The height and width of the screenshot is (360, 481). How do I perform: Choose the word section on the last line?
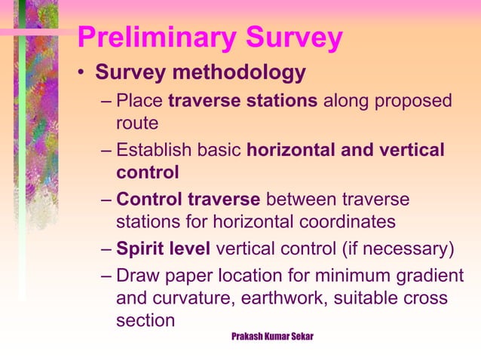pyautogui.click(x=145, y=319)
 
